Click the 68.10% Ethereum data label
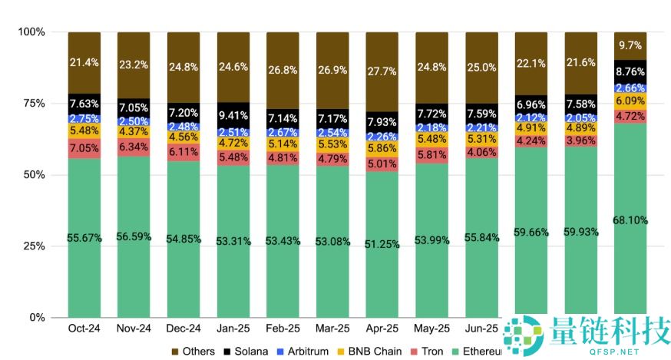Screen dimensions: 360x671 coord(630,220)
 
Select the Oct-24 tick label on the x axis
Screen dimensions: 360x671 coord(84,329)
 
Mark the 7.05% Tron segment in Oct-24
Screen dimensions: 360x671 coord(84,147)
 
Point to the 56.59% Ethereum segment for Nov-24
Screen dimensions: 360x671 coord(134,237)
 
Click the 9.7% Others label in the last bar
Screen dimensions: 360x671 coord(630,45)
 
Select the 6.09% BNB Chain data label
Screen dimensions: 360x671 coord(630,101)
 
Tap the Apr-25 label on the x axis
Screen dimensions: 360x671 coord(382,329)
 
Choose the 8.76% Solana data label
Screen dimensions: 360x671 coord(630,72)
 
